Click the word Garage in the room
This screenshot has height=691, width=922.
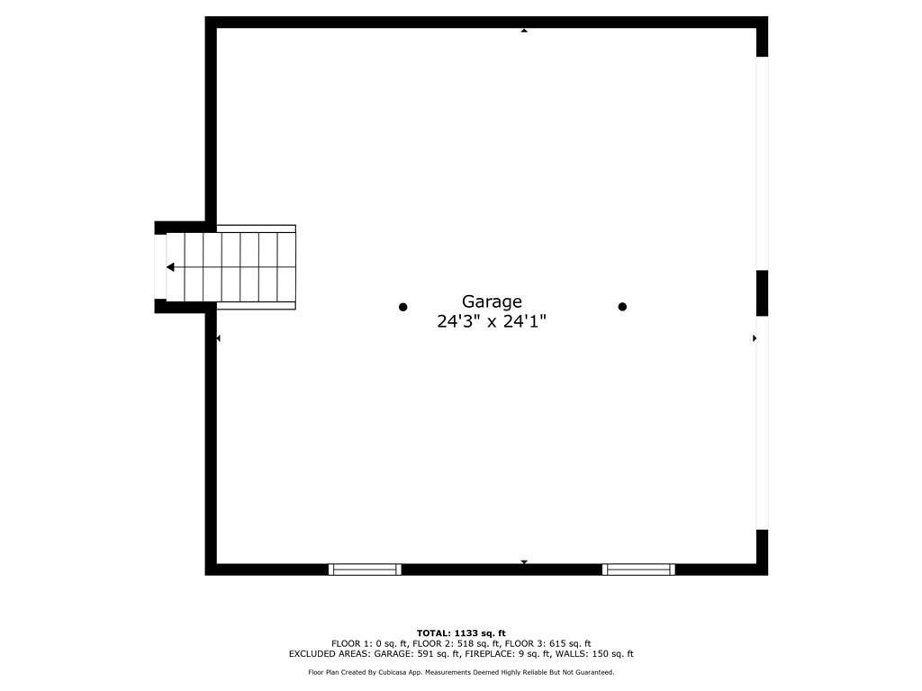[x=492, y=302]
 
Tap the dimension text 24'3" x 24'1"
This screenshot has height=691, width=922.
[x=492, y=321]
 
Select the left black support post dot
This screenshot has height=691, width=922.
[x=403, y=307]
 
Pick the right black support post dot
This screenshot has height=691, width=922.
[x=622, y=307]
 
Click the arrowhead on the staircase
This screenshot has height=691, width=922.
[x=170, y=267]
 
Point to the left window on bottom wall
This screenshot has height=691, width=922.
[x=365, y=569]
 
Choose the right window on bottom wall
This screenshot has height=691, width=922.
[x=638, y=569]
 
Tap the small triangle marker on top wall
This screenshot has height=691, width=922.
[x=524, y=31]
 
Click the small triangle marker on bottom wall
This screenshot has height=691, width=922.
[x=524, y=562]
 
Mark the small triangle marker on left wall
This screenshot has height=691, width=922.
[x=219, y=338]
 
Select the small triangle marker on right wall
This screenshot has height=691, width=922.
[x=754, y=338]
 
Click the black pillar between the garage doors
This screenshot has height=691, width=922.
[x=762, y=292]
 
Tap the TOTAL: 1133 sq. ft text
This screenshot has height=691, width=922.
[x=461, y=633]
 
